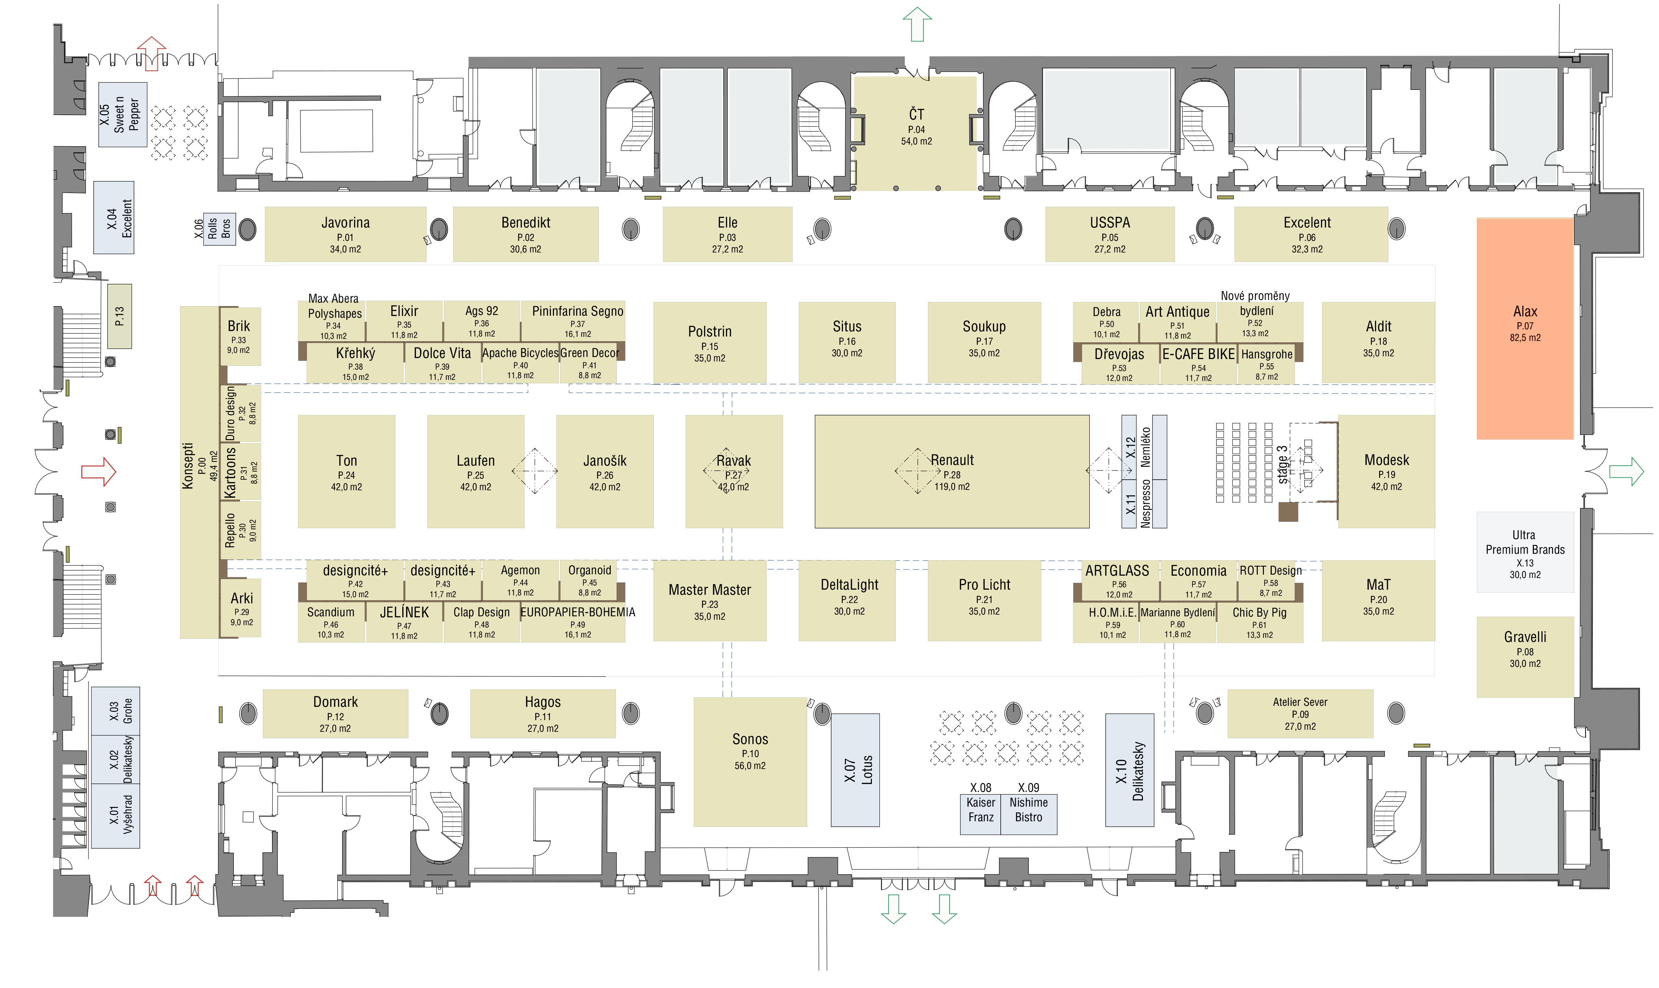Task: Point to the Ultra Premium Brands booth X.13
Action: pos(1525,552)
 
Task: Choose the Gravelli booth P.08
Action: pos(1525,657)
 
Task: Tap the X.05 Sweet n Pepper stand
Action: pos(123,114)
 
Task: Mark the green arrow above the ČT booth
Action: pos(917,24)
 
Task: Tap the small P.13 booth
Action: pos(119,316)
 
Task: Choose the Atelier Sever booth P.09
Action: pos(1300,713)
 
